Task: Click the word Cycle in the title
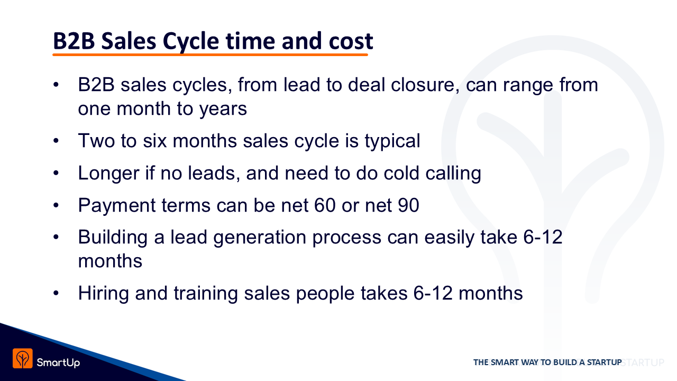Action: pyautogui.click(x=191, y=42)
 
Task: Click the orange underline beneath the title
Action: pyautogui.click(x=210, y=55)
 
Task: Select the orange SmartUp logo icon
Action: pyautogui.click(x=22, y=358)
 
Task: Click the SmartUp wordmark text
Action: pyautogui.click(x=58, y=362)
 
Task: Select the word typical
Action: pyautogui.click(x=392, y=141)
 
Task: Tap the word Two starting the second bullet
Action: pyautogui.click(x=96, y=141)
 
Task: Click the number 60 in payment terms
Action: pyautogui.click(x=325, y=205)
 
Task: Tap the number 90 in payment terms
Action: pyautogui.click(x=408, y=205)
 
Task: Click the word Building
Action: pyautogui.click(x=113, y=238)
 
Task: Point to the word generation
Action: pyautogui.click(x=260, y=238)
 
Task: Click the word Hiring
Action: pyautogui.click(x=104, y=293)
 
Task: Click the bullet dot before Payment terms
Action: pyautogui.click(x=56, y=206)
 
